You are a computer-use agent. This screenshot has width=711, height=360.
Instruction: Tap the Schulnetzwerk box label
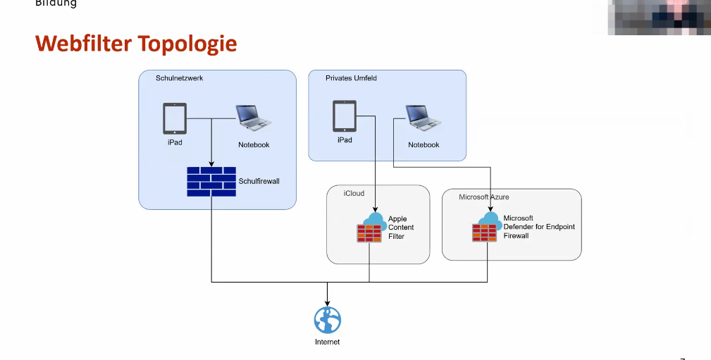pos(179,78)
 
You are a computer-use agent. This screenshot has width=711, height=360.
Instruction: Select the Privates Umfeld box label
pos(351,78)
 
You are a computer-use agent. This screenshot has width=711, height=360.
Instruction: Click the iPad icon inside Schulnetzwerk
pos(175,119)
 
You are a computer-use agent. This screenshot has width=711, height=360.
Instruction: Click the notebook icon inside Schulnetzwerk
pos(254,118)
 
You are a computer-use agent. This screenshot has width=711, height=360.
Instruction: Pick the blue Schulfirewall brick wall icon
pos(211,181)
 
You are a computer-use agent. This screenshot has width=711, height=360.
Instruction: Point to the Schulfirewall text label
pos(259,181)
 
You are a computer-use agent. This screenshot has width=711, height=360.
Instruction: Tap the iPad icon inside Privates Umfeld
pos(344,116)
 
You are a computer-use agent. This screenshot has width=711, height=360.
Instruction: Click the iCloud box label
pos(354,193)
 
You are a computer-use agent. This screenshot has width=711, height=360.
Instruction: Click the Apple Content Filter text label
pos(401,228)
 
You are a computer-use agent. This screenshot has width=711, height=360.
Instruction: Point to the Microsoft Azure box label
pos(483,197)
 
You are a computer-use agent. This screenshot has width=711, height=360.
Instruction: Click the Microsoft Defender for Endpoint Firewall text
pos(539,227)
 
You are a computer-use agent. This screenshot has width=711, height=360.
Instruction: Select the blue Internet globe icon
pos(327,320)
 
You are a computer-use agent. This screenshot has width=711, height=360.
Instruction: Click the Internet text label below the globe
pos(327,342)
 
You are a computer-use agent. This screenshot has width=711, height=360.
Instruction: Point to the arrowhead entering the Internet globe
pos(327,303)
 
